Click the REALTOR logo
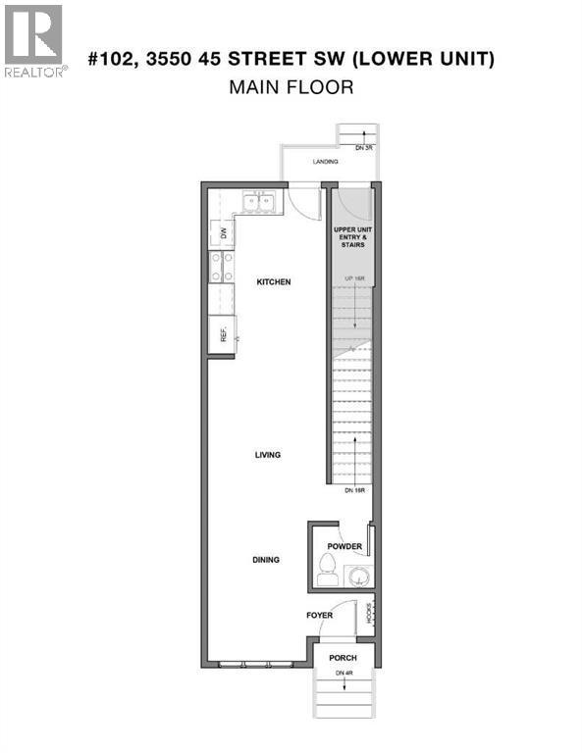tap(34, 41)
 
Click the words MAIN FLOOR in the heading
tap(291, 87)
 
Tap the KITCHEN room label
tap(274, 282)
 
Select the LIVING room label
tap(267, 455)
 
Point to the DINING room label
tap(265, 560)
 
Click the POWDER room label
tap(345, 547)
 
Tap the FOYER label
tap(319, 616)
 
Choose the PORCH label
tap(343, 658)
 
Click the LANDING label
tap(325, 162)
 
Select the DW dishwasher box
tap(223, 233)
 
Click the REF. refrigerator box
tap(222, 334)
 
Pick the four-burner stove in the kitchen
tap(221, 267)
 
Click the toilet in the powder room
tap(328, 567)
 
